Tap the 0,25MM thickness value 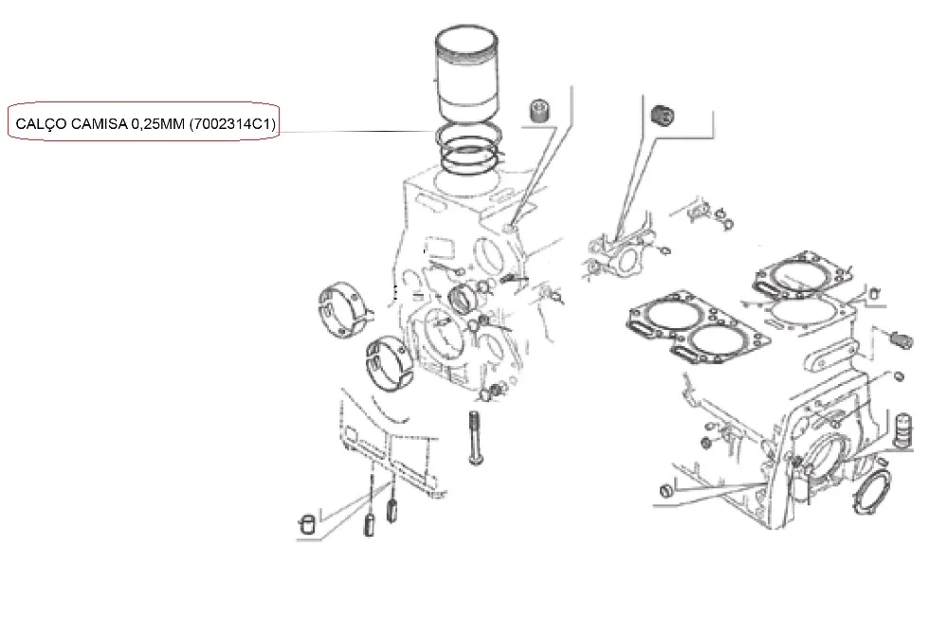coord(157,124)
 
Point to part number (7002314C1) coord(232,124)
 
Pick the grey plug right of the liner coord(539,111)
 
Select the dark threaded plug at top coord(663,116)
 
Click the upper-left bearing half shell coord(341,309)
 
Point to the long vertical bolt coord(474,437)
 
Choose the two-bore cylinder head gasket coord(698,327)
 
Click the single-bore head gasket coord(802,275)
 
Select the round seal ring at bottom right coord(871,487)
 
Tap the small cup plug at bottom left coord(307,524)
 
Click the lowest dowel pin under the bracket coord(369,523)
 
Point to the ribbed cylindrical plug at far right coord(901,430)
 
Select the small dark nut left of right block coord(706,443)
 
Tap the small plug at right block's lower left coord(665,489)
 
